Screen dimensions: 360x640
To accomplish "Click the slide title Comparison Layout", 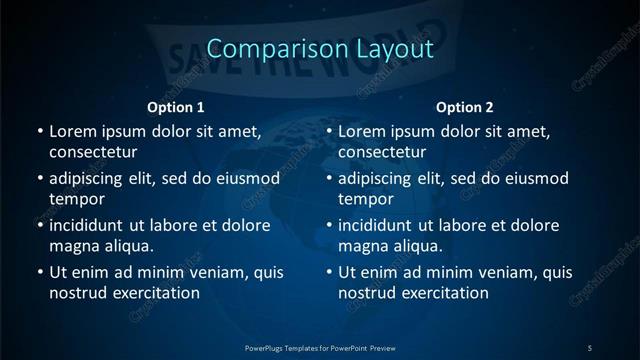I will coord(320,48).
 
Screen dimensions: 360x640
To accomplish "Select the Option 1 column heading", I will coord(176,107).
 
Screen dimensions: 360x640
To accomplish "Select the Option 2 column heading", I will coord(466,107).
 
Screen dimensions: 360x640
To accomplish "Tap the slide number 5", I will coord(590,348).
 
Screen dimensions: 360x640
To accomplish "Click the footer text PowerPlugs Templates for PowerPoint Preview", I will coord(320,348).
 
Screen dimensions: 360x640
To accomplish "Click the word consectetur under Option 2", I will coord(383,153).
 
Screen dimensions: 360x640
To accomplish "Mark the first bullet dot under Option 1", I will coord(39,131).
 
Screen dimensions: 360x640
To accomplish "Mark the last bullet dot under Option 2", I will coord(329,272).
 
